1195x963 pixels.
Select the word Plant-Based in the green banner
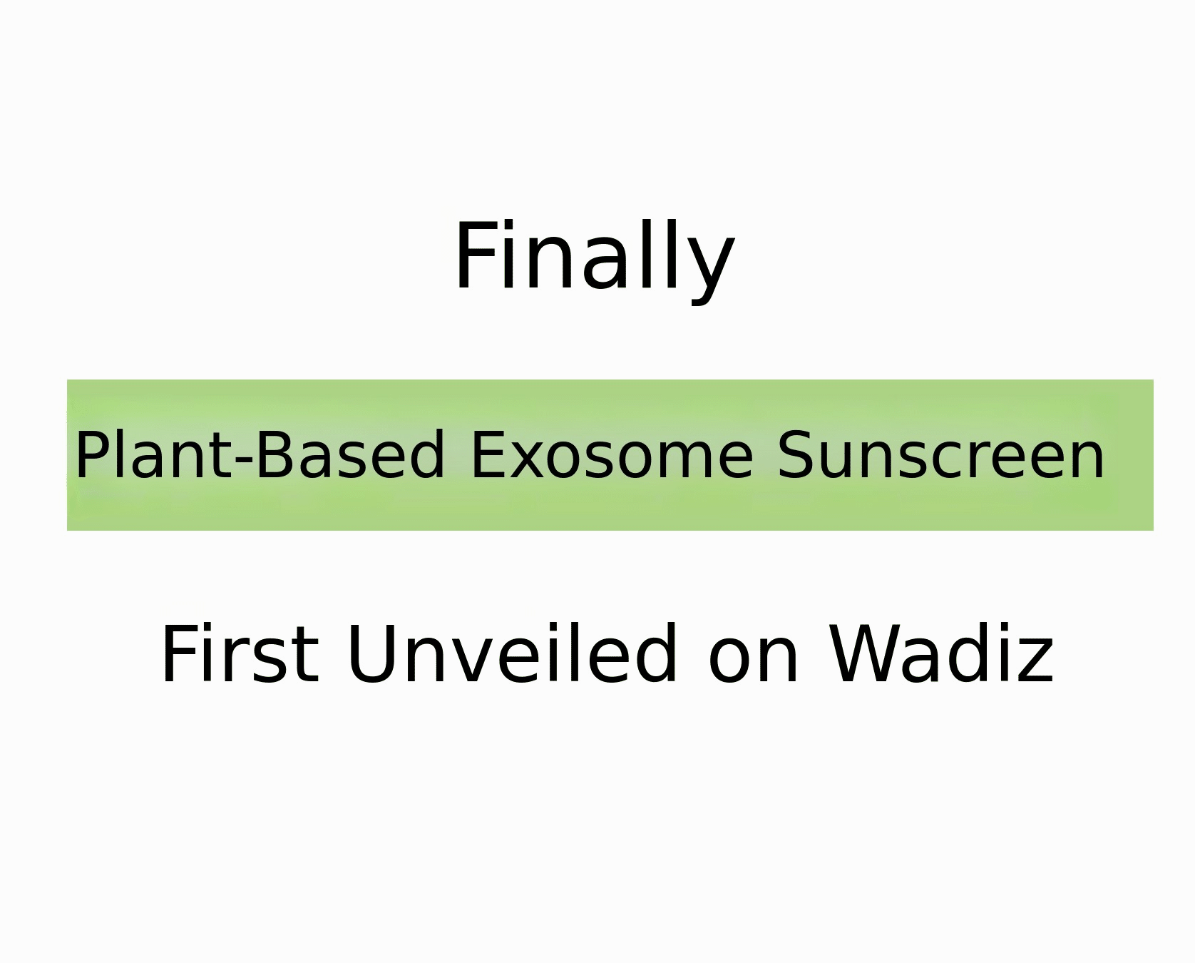260,454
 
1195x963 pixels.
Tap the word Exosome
612,455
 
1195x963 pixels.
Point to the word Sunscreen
940,455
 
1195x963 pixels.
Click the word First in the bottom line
240,654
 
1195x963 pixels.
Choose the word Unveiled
511,653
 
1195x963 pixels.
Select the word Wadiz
942,653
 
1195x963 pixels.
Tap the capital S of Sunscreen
794,454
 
